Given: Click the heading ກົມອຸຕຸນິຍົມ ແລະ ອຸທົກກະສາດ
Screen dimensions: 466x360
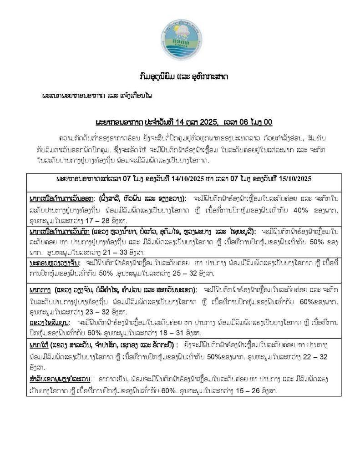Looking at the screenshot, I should point(180,76).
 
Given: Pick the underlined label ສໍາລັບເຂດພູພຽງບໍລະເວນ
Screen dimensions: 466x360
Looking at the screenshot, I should point(59,379).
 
